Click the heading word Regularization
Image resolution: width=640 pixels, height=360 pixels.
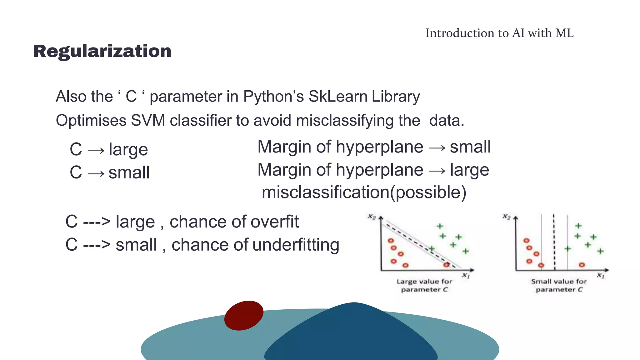pos(102,51)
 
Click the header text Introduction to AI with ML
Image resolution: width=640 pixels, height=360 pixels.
pos(499,33)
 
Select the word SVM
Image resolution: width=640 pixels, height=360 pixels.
pos(148,121)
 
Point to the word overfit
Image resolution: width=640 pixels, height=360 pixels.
pos(274,222)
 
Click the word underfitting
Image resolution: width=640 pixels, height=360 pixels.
pos(296,245)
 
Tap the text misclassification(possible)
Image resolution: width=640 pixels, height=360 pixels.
pos(364,192)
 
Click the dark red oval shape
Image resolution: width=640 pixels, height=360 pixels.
pos(244,315)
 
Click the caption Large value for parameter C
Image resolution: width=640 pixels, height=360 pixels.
pos(424,286)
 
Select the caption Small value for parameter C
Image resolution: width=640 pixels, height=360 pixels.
pos(559,286)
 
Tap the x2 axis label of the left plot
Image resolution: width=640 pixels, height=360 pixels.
pos(372,217)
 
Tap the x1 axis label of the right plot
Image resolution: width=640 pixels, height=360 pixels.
pos(601,276)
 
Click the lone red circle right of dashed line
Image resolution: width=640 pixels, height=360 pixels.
pos(582,265)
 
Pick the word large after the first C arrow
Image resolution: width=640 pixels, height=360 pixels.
pos(128,150)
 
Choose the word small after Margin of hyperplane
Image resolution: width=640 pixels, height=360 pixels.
pos(470,147)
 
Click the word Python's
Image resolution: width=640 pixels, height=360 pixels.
pos(273,96)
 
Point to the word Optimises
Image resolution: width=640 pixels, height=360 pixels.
pos(91,121)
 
